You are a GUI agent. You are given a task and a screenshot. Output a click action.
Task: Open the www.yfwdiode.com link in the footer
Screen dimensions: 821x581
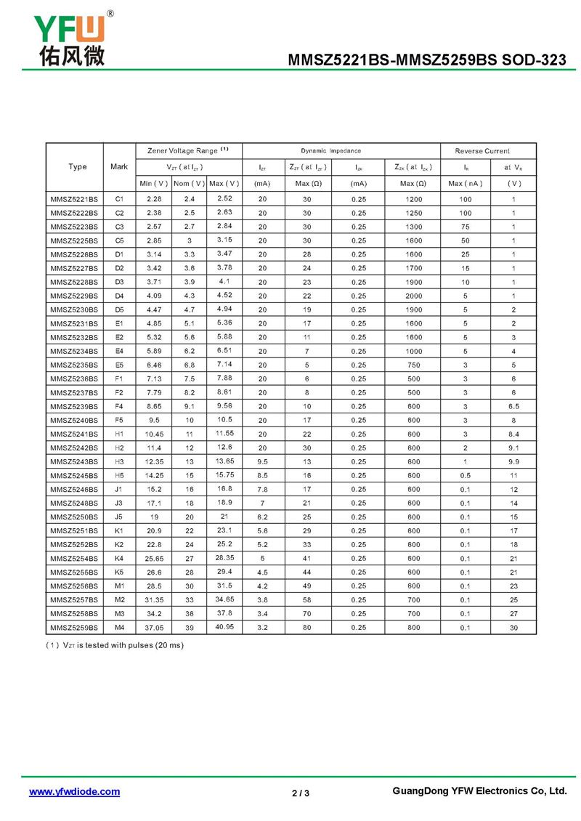[x=74, y=792]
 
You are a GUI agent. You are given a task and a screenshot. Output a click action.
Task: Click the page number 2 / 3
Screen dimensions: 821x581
[x=301, y=793]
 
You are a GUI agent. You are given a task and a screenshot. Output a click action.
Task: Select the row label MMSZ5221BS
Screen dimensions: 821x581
[x=73, y=199]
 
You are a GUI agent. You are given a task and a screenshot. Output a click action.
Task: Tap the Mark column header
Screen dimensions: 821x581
[x=119, y=167]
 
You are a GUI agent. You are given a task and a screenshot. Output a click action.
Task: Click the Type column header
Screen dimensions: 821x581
[x=78, y=167]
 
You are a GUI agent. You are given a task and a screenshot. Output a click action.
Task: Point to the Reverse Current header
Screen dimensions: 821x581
[x=482, y=151]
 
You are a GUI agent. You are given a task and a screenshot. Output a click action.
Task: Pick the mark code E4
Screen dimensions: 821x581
[x=119, y=351]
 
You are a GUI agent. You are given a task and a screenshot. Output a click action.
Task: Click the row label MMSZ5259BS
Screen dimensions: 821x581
[x=73, y=627]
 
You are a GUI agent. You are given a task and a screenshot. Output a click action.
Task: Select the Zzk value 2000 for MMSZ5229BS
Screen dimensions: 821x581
[x=413, y=296]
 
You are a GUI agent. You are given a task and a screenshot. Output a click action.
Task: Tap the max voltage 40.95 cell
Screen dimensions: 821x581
[x=224, y=626]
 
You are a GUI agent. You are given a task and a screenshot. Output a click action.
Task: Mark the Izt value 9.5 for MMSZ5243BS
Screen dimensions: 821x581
[x=262, y=461]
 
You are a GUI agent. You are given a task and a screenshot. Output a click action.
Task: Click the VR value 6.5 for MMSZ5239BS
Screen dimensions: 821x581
[x=513, y=406]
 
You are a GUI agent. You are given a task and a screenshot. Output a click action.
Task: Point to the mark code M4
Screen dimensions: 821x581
[x=119, y=627]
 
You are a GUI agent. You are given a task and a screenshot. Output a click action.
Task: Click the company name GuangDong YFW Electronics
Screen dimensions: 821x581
[x=479, y=791]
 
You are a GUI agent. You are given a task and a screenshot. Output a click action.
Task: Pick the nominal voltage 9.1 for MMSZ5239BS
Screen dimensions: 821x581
[x=189, y=406]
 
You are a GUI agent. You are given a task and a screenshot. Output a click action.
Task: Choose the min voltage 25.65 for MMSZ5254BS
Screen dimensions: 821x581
[x=154, y=558]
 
